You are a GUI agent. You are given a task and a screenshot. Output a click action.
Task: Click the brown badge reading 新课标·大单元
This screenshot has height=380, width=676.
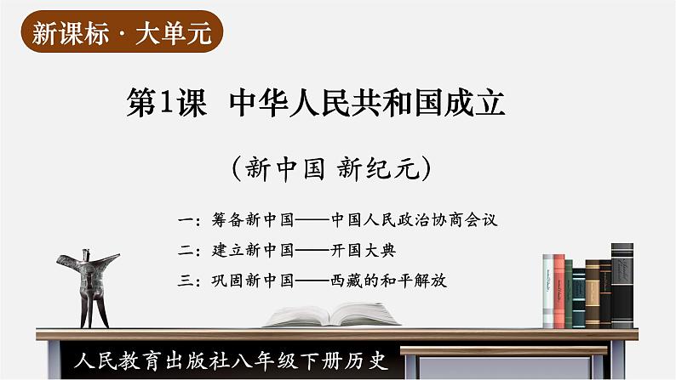tap(122, 32)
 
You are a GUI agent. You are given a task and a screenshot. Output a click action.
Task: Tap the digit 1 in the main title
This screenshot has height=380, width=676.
tap(166, 102)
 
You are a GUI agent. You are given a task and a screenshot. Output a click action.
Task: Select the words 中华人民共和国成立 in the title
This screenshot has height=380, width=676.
tap(367, 102)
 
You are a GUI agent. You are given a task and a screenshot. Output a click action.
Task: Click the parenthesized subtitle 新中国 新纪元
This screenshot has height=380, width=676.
tap(331, 167)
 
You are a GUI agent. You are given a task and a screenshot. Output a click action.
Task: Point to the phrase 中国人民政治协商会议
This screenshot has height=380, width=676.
tap(415, 220)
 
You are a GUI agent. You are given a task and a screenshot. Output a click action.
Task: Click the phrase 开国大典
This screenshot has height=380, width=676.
tap(363, 250)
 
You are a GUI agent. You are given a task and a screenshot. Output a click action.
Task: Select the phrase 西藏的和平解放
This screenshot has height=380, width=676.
tap(388, 281)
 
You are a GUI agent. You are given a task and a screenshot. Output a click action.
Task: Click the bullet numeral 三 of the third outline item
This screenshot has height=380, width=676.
tap(186, 281)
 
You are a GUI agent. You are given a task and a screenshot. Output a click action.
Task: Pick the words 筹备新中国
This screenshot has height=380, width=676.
tap(253, 220)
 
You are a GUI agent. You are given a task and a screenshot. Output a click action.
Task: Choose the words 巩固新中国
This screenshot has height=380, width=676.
tap(253, 281)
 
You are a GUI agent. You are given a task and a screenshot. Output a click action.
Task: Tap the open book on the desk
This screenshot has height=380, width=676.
tap(332, 315)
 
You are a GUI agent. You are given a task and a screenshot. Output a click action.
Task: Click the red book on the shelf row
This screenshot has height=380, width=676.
tap(559, 292)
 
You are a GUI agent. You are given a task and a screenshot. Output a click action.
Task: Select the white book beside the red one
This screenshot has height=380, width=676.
tap(548, 292)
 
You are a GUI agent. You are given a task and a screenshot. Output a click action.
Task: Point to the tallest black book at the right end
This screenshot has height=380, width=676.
tap(622, 286)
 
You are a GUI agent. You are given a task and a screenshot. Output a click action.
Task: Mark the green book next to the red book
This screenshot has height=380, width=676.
tap(569, 294)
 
